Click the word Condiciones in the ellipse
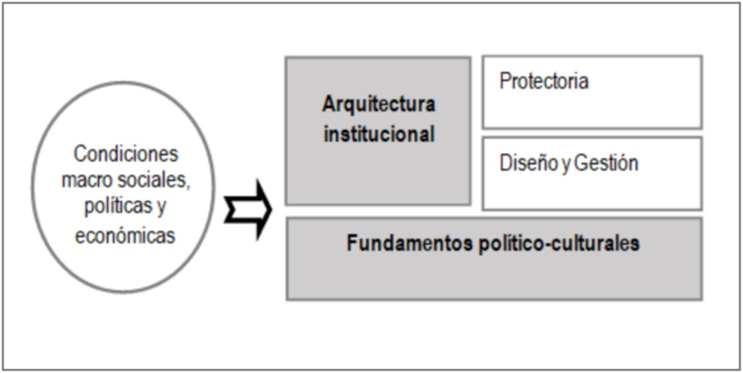click(x=126, y=154)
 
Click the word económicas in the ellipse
click(x=126, y=235)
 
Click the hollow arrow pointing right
click(x=247, y=210)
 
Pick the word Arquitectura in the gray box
click(x=378, y=104)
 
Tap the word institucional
click(x=378, y=134)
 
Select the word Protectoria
click(x=544, y=81)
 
